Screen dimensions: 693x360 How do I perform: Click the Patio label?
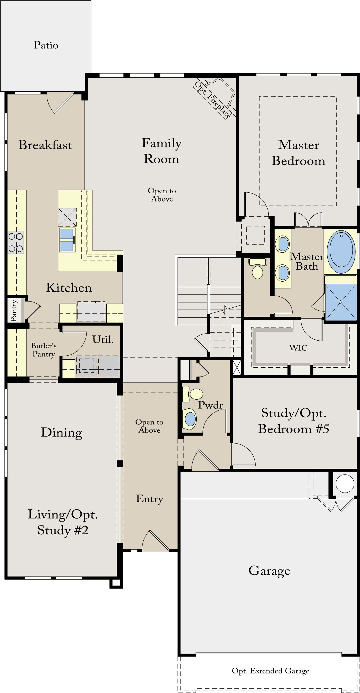pos(46,45)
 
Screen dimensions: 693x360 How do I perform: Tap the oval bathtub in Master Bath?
pos(341,252)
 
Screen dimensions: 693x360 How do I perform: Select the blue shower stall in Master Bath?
pos(341,302)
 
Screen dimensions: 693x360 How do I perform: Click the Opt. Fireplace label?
pos(213,99)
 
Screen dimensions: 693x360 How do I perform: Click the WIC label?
pos(298,348)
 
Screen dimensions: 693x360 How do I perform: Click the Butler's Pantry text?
pos(44,350)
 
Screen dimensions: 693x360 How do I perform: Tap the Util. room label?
pos(103,340)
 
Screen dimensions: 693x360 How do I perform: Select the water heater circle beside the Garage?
pos(345,483)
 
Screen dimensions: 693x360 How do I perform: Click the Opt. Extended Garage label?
pos(270,671)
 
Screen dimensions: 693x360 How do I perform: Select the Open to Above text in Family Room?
pos(162,195)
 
